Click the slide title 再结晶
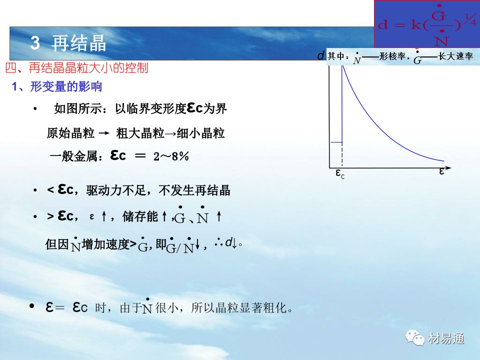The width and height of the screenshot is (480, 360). [78, 43]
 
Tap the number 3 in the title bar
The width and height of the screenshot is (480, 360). [35, 42]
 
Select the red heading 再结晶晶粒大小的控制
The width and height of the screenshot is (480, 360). [88, 68]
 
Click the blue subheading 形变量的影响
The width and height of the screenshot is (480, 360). [66, 87]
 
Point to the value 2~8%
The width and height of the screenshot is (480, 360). [171, 156]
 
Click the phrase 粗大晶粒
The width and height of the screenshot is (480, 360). [140, 133]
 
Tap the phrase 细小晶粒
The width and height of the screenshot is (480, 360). [200, 133]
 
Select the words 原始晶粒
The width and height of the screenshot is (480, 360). [70, 133]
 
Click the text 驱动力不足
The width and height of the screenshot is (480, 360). [116, 190]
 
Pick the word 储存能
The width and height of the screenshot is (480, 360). [140, 216]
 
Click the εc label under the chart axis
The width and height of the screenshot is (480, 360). [340, 173]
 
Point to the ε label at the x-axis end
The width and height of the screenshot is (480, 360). [441, 171]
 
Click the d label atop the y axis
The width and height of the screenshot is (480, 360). [320, 55]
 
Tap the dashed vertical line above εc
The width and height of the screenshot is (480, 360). [342, 155]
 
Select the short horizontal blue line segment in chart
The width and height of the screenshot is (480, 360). [336, 142]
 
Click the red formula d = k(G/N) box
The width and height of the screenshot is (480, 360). [427, 24]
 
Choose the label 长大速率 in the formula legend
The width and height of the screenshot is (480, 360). [455, 56]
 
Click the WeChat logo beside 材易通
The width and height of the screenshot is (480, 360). [415, 337]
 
